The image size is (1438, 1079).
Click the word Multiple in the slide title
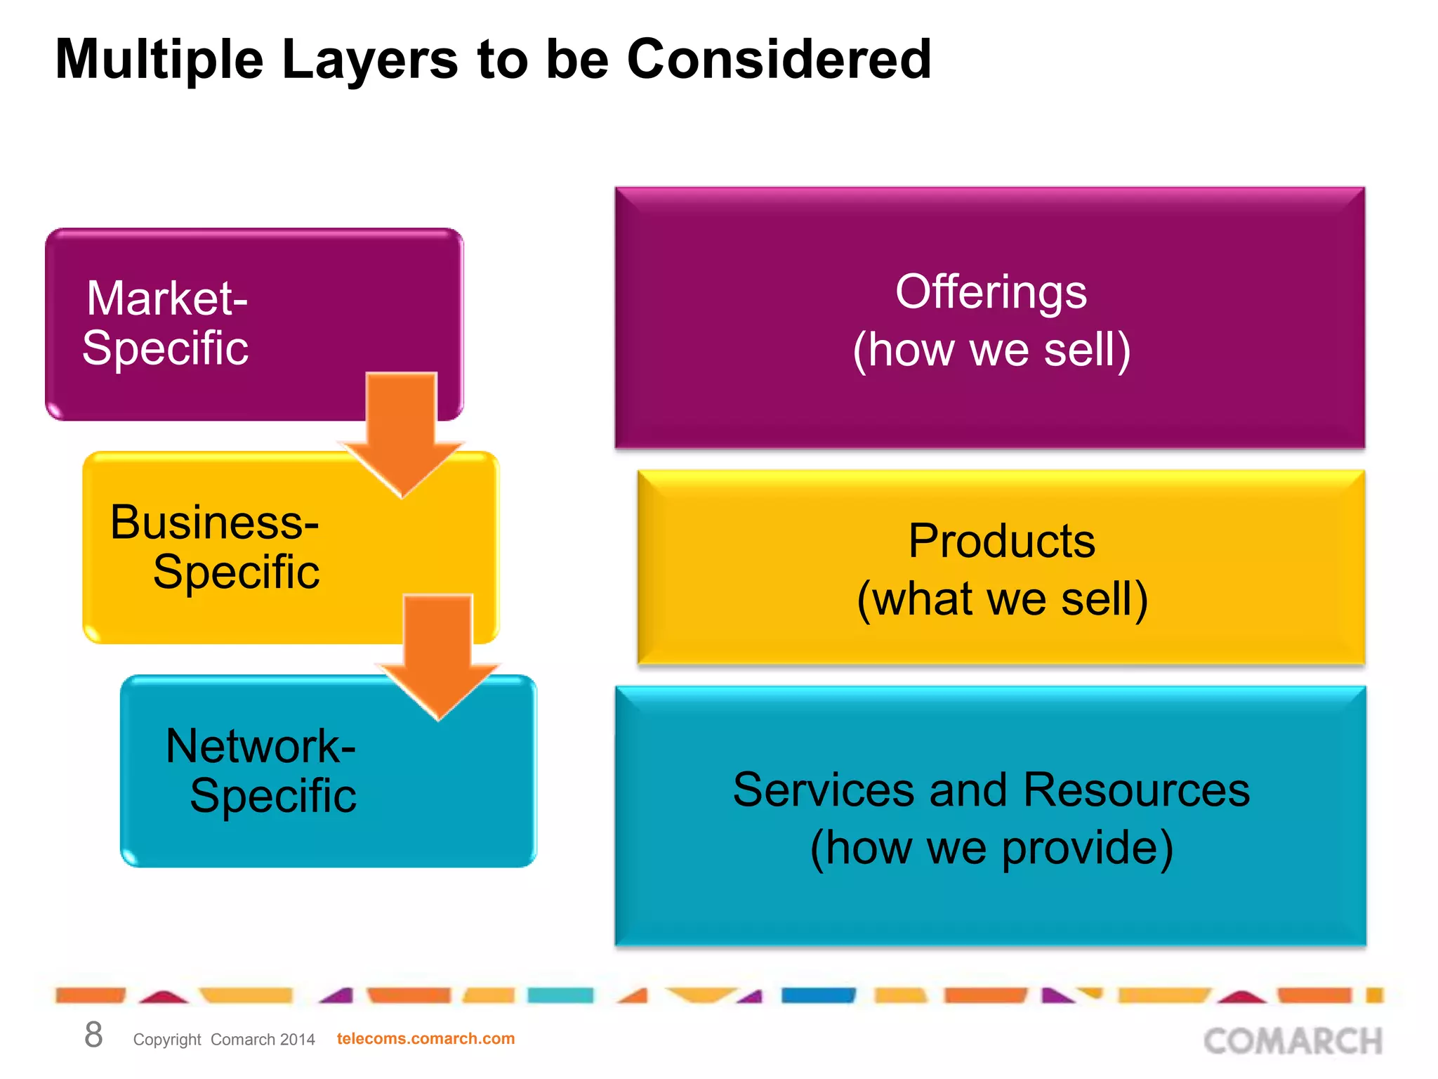point(159,60)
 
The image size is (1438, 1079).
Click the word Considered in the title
point(779,60)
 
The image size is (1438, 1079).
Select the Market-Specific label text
point(166,322)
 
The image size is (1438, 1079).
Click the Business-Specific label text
point(216,547)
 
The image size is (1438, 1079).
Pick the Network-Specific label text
point(261,771)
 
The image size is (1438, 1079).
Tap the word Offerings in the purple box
point(991,292)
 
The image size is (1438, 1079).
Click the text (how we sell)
point(991,349)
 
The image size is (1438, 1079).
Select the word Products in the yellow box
point(1001,541)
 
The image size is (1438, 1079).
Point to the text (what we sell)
point(1002,599)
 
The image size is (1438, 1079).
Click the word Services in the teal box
point(824,790)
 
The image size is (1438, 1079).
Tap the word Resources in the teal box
point(1136,790)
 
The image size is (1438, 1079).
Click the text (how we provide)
point(991,847)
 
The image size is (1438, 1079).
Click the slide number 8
point(93,1035)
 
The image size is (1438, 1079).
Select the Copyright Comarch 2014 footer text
point(224,1040)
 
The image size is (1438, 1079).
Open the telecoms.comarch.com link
point(426,1038)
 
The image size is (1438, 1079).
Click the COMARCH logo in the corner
point(1293,1041)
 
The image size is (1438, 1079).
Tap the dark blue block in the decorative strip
point(818,995)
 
